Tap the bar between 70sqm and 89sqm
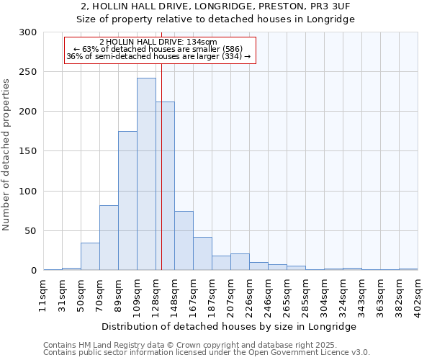109,238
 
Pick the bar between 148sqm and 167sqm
184,240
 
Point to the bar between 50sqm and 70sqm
90,256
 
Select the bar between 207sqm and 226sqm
240,262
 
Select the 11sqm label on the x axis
44,294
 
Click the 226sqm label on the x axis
250,296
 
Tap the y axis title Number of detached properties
6,156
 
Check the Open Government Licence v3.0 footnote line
207,353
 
